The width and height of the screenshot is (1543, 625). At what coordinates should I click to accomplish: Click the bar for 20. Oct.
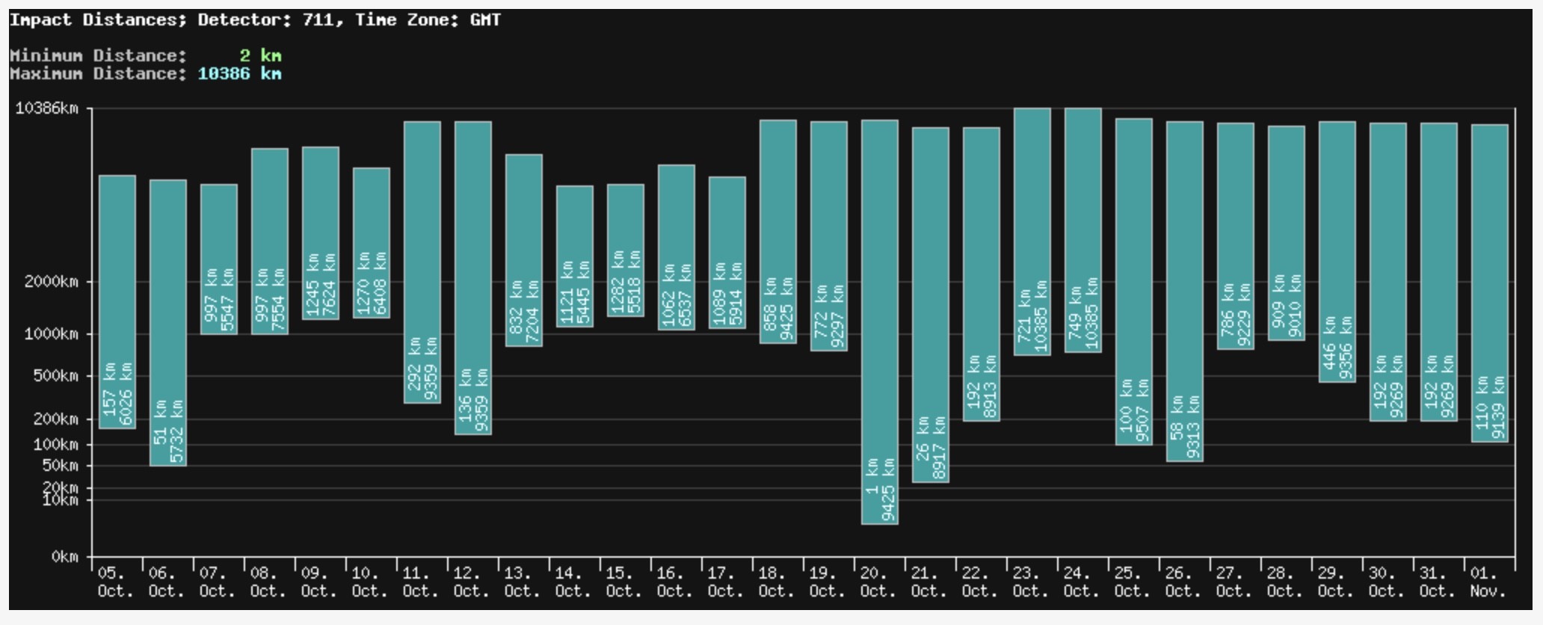coord(880,321)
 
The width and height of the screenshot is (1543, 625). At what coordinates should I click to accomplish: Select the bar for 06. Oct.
coord(168,323)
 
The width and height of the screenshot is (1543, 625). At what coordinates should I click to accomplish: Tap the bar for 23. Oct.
coord(1032,232)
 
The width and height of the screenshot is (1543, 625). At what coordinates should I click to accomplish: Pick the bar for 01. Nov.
coord(1490,283)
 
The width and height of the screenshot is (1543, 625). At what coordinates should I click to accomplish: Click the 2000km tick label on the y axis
coord(51,282)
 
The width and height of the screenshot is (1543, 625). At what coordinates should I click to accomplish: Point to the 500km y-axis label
coord(55,376)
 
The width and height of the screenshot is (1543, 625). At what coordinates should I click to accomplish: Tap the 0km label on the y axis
coord(65,557)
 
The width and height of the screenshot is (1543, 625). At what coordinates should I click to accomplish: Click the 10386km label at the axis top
coord(46,108)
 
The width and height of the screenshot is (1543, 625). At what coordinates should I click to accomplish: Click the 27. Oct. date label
coord(1234,582)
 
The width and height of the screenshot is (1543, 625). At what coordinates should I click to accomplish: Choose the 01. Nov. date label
coord(1488,582)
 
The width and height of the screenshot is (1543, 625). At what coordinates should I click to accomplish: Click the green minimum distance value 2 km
coord(261,55)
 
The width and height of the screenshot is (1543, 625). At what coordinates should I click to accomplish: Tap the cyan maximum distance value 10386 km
coord(240,73)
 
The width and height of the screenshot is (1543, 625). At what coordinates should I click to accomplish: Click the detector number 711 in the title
coord(318,20)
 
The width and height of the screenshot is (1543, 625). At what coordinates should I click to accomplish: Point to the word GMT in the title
coord(485,20)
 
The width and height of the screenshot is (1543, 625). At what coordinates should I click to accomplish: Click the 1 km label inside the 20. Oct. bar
coord(872,477)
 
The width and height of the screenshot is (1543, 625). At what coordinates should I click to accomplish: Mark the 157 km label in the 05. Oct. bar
coord(109,390)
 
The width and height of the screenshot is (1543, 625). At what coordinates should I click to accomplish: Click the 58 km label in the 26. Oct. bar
coord(1177,418)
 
